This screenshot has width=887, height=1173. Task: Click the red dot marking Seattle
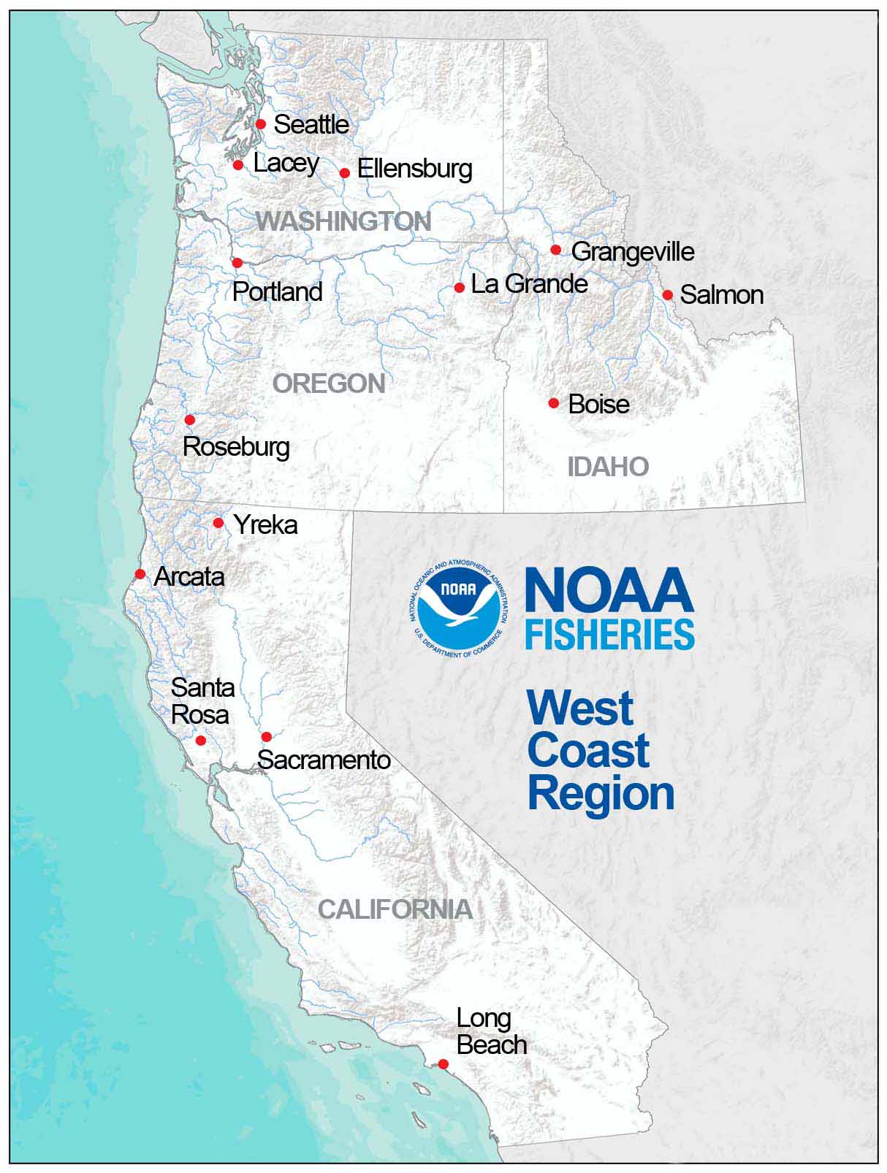[x=261, y=124]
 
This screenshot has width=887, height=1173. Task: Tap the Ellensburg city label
[x=414, y=169]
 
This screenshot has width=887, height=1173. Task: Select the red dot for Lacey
[x=238, y=165]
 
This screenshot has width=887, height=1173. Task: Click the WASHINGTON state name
[x=343, y=221]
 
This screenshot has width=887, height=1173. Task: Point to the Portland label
[x=278, y=291]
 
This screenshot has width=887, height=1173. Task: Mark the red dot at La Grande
[x=460, y=288]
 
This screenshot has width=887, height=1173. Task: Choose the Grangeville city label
[x=633, y=252]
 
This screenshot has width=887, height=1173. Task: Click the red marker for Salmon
[x=668, y=295]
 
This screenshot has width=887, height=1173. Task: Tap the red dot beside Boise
[x=554, y=403]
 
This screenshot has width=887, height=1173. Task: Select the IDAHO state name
[x=609, y=467]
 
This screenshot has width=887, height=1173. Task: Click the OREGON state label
[x=329, y=383]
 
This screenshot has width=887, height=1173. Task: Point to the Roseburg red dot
[x=190, y=420]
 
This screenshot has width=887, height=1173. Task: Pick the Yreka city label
[x=265, y=525]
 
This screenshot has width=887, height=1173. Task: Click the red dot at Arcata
[x=140, y=574]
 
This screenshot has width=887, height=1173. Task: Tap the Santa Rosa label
[x=202, y=701]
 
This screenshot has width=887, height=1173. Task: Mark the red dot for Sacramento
[x=267, y=737]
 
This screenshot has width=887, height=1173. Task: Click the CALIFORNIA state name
[x=395, y=909]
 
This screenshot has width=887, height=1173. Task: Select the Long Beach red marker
[x=443, y=1064]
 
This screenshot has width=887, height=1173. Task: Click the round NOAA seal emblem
[x=457, y=610]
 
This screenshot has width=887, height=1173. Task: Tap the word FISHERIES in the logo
[x=609, y=635]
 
